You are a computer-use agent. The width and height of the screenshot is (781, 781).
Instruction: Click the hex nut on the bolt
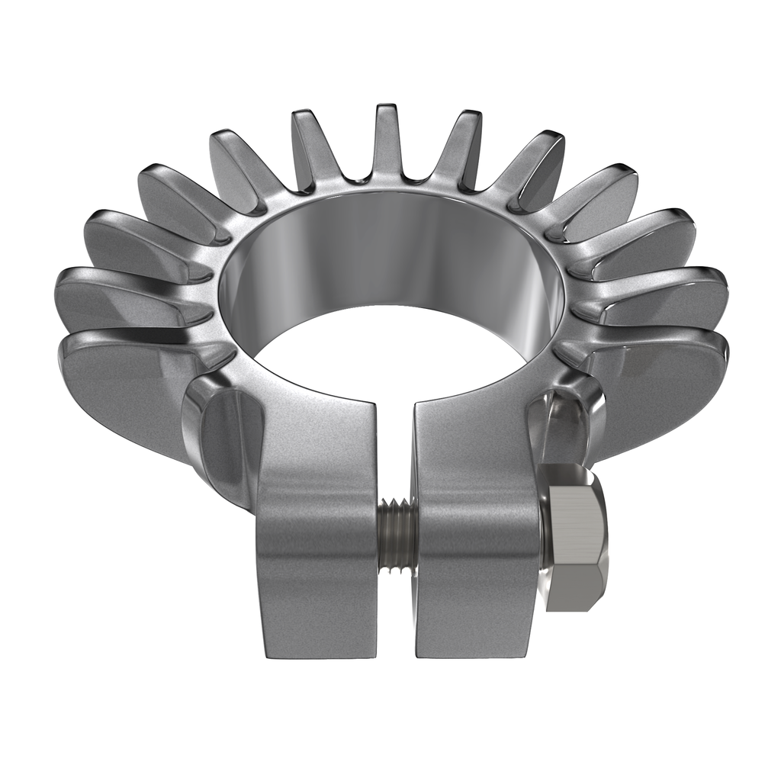(575, 538)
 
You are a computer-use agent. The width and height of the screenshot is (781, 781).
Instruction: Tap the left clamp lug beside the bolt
(316, 564)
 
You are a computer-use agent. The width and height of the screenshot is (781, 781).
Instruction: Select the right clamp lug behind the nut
(476, 564)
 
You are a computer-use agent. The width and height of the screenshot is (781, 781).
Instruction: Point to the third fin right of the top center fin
(599, 202)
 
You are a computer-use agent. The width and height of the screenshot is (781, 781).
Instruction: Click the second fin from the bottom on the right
(664, 297)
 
